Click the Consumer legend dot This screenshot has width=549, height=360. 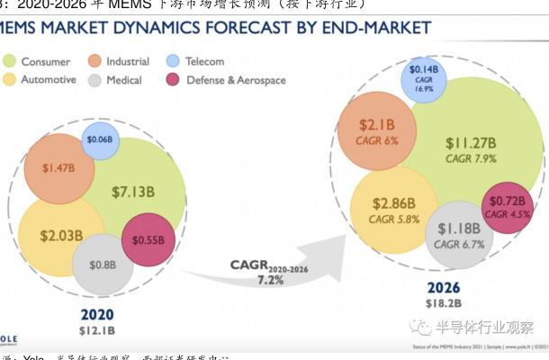[10, 61]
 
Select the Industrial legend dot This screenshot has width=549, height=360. [95, 61]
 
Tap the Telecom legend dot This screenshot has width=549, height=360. [175, 61]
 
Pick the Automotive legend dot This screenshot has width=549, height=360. [10, 80]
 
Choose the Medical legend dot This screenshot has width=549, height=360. [95, 80]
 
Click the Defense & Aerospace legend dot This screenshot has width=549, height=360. [175, 80]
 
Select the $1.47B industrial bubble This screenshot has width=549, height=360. [58, 168]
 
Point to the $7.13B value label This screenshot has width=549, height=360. [133, 191]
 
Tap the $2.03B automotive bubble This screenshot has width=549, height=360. [61, 236]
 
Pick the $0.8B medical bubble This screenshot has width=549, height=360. [103, 265]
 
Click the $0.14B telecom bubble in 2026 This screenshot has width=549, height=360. [424, 78]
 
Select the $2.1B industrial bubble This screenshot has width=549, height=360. [378, 130]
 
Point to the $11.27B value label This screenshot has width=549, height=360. [472, 142]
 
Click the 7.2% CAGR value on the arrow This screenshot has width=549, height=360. [270, 280]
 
